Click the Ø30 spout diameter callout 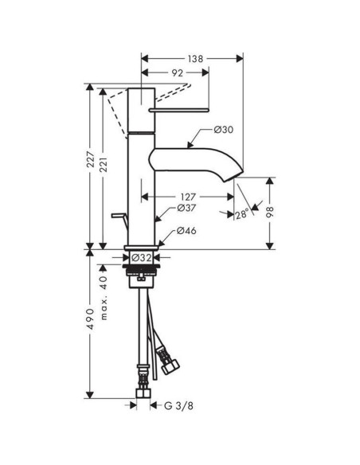pos(223,130)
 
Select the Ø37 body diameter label pos(186,209)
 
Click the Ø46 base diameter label pos(186,231)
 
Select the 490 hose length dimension pos(91,318)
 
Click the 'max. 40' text pos(104,291)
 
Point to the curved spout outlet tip pos(235,166)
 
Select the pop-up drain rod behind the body pos(119,217)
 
